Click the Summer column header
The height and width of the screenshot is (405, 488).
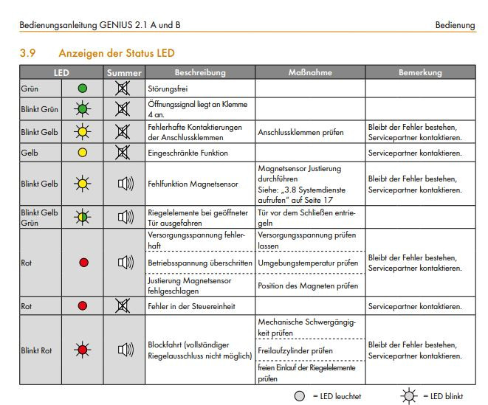tap(123, 73)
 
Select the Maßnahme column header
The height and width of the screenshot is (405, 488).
tap(310, 73)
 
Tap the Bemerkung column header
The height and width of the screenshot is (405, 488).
tap(420, 73)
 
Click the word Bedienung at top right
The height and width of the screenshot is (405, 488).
tap(456, 25)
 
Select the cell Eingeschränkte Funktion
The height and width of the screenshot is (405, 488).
tap(188, 153)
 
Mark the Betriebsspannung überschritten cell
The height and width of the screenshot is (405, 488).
tap(199, 263)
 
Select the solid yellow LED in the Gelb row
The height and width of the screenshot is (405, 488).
tap(83, 153)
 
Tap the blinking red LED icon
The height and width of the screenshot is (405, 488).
tap(83, 349)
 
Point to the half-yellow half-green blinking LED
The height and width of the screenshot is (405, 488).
tap(83, 217)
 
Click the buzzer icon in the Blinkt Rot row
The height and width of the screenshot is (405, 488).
tap(124, 349)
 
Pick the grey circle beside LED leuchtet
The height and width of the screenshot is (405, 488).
tap(299, 396)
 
